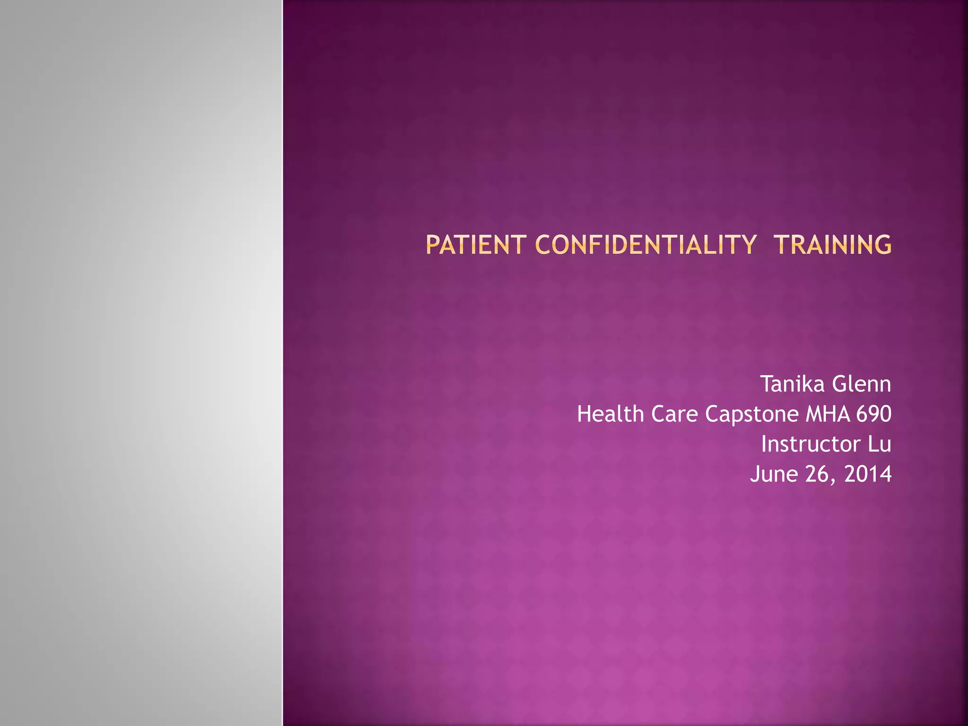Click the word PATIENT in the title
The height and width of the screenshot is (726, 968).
tap(475, 245)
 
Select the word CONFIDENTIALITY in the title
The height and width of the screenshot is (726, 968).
tap(646, 245)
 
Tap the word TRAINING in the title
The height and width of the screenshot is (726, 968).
tap(832, 245)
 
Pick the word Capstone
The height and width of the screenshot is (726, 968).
tap(752, 415)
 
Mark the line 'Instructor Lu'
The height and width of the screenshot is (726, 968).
tap(826, 444)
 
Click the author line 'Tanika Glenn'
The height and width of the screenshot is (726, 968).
tap(826, 384)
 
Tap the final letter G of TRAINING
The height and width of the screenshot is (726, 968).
tap(882, 245)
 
